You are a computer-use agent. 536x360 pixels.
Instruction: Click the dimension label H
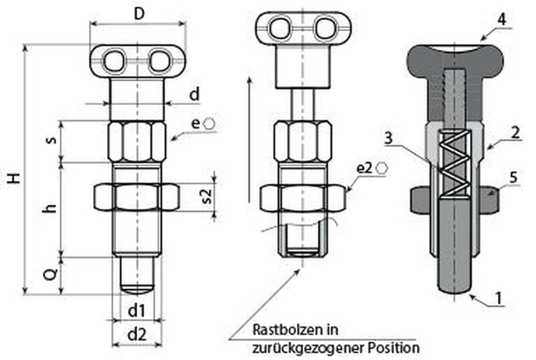click(13, 179)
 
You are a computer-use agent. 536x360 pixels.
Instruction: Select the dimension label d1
click(137, 308)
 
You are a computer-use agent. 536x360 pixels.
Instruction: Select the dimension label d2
click(137, 334)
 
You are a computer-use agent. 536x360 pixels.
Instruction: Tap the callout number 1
click(499, 299)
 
